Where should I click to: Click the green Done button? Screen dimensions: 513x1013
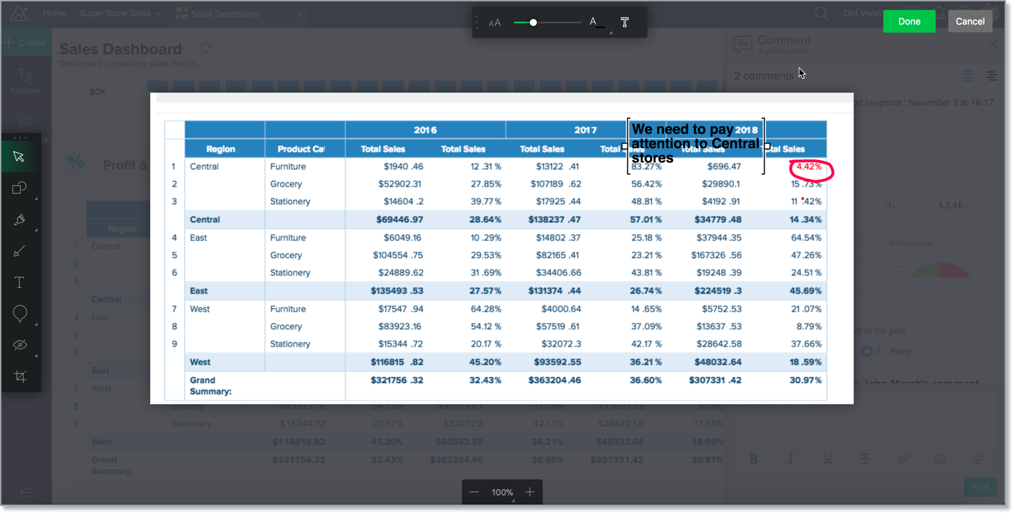click(x=909, y=21)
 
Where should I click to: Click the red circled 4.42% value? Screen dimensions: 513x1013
click(x=809, y=167)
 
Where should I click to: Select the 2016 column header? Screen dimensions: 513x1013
click(x=424, y=130)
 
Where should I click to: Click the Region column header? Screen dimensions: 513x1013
click(x=221, y=149)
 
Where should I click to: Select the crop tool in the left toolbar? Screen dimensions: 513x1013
click(x=20, y=377)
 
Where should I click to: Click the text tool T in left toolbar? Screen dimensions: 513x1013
click(x=20, y=282)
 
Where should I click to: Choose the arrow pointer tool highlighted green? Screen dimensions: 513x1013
click(x=20, y=156)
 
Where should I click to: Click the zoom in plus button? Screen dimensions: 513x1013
click(x=530, y=492)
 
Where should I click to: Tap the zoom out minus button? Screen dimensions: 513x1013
click(x=474, y=492)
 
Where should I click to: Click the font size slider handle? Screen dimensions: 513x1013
click(x=533, y=23)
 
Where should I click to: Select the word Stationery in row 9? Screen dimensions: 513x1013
click(x=290, y=344)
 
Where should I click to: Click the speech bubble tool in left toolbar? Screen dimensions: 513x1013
click(x=20, y=314)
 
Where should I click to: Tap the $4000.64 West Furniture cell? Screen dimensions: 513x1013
click(x=561, y=309)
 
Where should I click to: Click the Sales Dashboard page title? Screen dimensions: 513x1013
click(x=120, y=49)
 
